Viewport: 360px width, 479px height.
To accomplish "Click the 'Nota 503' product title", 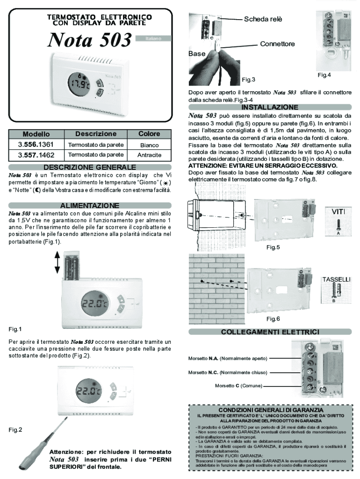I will [x=89, y=41].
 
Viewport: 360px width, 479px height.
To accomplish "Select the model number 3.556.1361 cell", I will [x=36, y=145].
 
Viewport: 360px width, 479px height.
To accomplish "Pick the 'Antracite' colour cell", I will [x=149, y=155].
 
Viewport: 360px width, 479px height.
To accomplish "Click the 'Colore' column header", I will [x=149, y=134].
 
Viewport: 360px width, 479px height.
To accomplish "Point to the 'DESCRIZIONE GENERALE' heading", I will [x=90, y=167].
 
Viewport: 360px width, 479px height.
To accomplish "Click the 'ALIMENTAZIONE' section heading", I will [x=90, y=205].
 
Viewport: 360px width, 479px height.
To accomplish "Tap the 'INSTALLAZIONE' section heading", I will [x=270, y=107].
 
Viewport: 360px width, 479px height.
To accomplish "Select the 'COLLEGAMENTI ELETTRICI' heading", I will [x=270, y=332].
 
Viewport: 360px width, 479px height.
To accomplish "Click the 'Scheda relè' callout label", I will [x=263, y=19].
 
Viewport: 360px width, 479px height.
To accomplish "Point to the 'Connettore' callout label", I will [x=277, y=44].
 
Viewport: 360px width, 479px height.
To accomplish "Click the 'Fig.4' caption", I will [x=324, y=75].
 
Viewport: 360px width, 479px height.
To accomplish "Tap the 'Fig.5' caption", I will [x=273, y=247].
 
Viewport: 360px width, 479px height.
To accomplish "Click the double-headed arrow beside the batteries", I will [x=57, y=262].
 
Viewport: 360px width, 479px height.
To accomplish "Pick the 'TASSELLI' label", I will [x=336, y=279].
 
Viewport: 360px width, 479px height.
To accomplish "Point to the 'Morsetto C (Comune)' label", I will [x=238, y=386].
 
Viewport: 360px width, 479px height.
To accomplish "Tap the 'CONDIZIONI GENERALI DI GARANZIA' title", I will [x=270, y=410].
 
